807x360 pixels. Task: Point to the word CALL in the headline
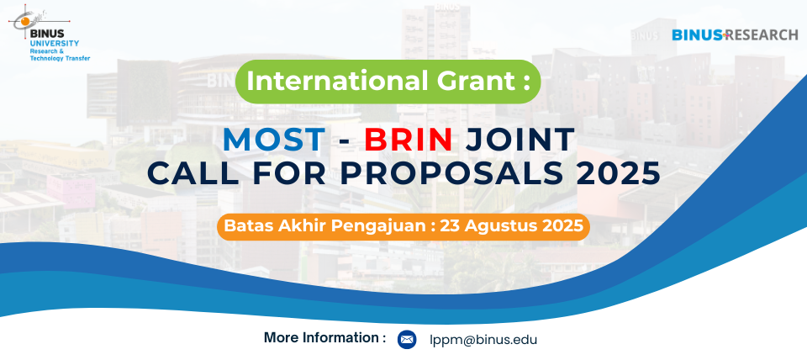[x=193, y=173]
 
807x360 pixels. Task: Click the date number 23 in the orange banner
[x=448, y=226]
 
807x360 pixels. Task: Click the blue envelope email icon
[x=407, y=340]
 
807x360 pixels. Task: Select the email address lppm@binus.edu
[x=483, y=340]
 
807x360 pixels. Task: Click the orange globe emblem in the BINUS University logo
[x=24, y=20]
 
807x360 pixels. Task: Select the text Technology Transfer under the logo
[x=61, y=59]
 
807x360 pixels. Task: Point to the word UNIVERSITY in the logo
[x=55, y=43]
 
